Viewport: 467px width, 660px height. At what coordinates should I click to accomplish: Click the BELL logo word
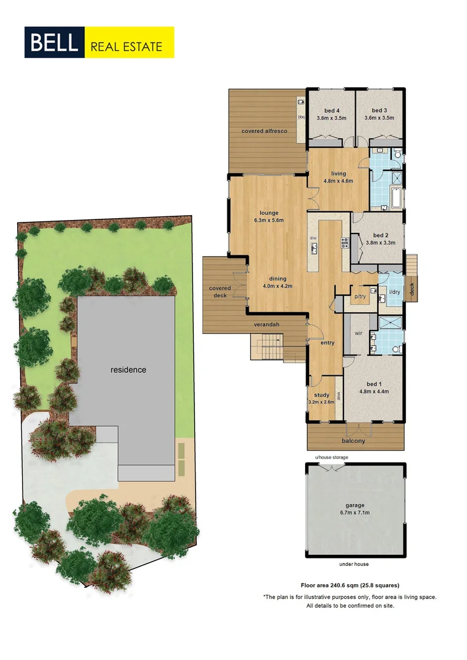coord(53,43)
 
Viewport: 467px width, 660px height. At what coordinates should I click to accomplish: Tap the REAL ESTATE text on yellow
coord(127,46)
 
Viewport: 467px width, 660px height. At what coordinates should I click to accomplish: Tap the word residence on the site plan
coord(128,370)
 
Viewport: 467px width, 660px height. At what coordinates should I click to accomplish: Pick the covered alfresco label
coord(264,131)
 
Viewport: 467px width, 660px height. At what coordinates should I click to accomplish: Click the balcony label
coord(353,441)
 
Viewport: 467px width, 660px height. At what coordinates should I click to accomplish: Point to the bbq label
coord(301,117)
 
